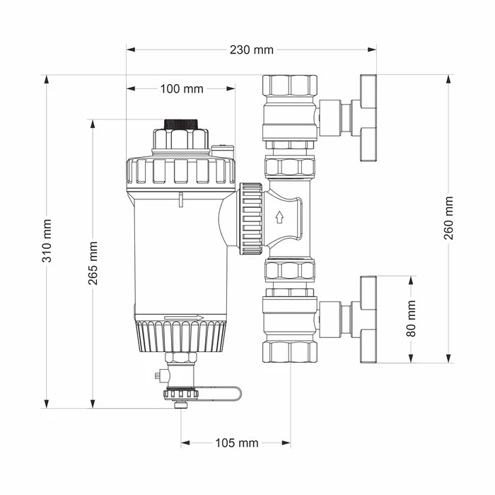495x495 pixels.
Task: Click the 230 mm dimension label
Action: point(251,50)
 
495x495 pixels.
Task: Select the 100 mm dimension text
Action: point(182,89)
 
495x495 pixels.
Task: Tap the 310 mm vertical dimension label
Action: point(47,241)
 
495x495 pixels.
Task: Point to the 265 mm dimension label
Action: point(93,263)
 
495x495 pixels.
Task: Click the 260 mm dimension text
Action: point(448,218)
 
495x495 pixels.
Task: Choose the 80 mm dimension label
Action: point(412,319)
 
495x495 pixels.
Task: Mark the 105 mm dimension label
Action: point(237,443)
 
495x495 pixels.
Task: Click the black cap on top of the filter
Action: point(181,124)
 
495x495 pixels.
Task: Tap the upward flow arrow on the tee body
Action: point(279,217)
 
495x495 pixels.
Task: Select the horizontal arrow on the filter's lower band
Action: point(185,318)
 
